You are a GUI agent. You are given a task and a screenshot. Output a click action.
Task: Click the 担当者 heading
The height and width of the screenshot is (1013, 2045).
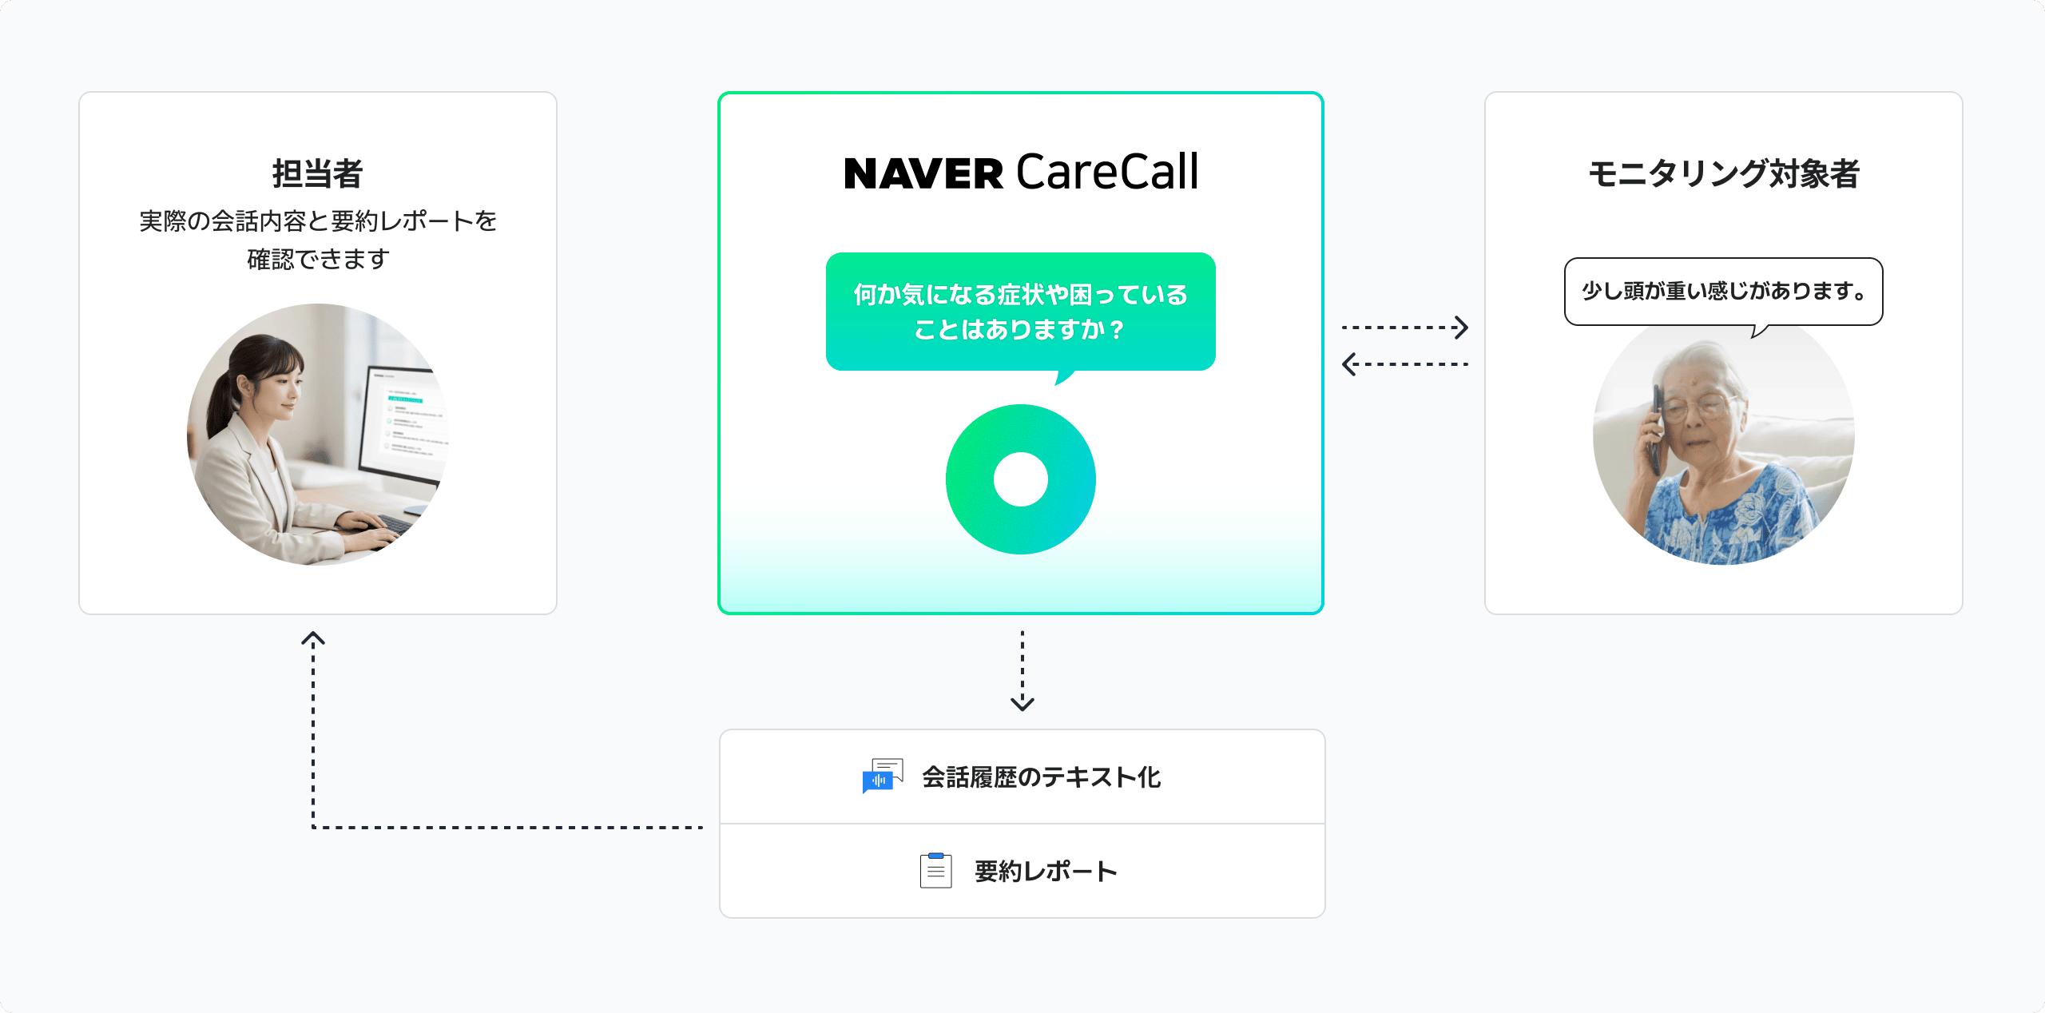click(317, 173)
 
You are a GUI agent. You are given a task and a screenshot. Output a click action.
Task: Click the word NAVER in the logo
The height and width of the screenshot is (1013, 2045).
click(923, 174)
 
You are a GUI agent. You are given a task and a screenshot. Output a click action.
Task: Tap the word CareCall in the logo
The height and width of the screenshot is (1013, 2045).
click(1107, 172)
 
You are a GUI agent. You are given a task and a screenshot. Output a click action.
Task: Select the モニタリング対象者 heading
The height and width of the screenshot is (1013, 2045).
click(1723, 173)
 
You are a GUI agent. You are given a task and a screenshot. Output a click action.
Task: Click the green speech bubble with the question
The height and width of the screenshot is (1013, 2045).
click(1020, 312)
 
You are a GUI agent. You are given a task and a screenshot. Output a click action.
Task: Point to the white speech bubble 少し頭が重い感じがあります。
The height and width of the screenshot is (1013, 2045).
click(1723, 291)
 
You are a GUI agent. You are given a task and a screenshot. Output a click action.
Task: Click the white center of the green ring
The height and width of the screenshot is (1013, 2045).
click(1020, 479)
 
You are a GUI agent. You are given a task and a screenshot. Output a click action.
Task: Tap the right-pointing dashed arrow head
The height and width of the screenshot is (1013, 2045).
click(1460, 328)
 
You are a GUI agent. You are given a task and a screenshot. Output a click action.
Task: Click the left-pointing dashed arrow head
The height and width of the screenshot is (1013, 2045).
click(1348, 364)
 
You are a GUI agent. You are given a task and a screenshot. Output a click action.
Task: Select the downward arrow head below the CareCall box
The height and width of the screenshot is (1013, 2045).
click(1022, 704)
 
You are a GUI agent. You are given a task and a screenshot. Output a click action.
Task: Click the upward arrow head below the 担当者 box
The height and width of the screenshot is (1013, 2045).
click(313, 639)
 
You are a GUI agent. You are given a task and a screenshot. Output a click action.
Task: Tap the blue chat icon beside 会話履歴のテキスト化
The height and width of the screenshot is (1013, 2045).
click(882, 776)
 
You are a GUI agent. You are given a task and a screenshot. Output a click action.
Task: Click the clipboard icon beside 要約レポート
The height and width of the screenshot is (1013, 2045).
click(935, 870)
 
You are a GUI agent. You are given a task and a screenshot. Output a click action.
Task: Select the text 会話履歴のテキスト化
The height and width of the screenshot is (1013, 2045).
click(1041, 777)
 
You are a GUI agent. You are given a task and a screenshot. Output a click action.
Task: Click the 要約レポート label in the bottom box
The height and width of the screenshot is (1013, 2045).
click(1046, 871)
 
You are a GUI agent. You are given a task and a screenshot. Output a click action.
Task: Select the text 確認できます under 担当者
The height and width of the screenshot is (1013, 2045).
click(318, 259)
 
